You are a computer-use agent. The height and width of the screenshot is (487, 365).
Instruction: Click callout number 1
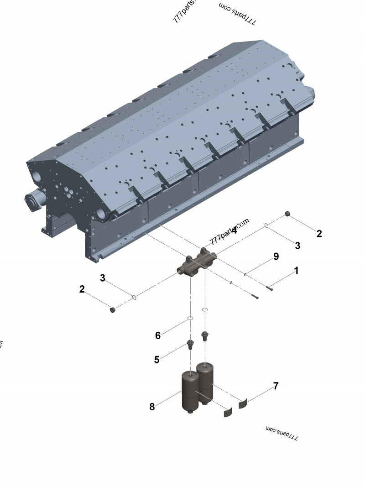[x=296, y=271]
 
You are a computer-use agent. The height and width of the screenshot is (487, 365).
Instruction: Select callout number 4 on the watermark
[x=234, y=230]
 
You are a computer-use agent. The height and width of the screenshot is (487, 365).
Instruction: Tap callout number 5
[x=156, y=360]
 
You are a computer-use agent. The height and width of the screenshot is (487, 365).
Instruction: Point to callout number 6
[x=158, y=335]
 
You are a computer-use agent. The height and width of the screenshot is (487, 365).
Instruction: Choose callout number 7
[x=276, y=386]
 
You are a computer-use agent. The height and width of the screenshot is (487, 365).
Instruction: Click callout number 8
[x=152, y=407]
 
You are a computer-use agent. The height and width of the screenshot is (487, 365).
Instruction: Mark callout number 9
[x=276, y=257]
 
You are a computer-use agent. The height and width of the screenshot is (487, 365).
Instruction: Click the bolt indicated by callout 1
[x=269, y=288]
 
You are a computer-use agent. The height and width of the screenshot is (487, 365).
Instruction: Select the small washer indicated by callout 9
[x=245, y=274]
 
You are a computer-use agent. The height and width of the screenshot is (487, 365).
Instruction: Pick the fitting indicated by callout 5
[x=190, y=344]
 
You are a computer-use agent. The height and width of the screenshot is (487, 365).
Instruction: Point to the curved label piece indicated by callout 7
[x=243, y=403]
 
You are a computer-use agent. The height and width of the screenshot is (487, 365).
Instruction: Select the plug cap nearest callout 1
[x=287, y=214]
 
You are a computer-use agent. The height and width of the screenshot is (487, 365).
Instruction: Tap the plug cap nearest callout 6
[x=113, y=310]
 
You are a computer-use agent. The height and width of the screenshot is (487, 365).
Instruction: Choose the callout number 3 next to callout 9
[x=297, y=246]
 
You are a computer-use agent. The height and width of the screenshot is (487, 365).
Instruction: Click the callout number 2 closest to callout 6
[x=82, y=289]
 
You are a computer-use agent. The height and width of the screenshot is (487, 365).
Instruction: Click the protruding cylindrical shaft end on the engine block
[x=35, y=201]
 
